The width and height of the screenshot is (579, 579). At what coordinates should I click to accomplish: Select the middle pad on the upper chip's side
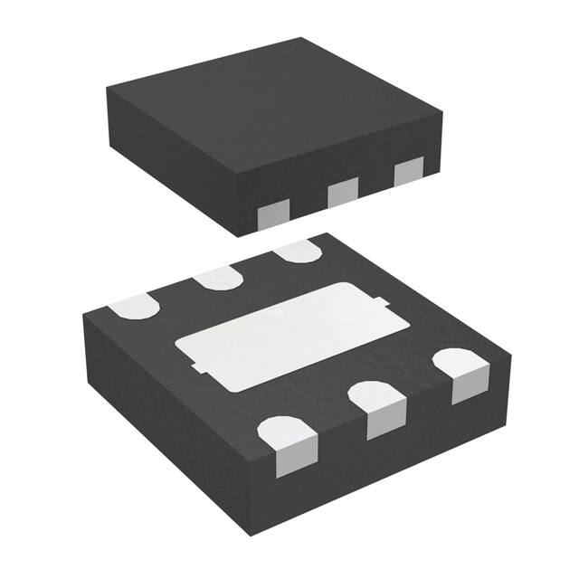(x=342, y=191)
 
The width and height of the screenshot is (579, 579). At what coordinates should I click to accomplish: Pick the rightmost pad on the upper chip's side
(x=409, y=169)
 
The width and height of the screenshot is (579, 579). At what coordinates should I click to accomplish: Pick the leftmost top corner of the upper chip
(x=107, y=88)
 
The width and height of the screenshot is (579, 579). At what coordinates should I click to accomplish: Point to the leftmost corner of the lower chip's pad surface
(x=81, y=314)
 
